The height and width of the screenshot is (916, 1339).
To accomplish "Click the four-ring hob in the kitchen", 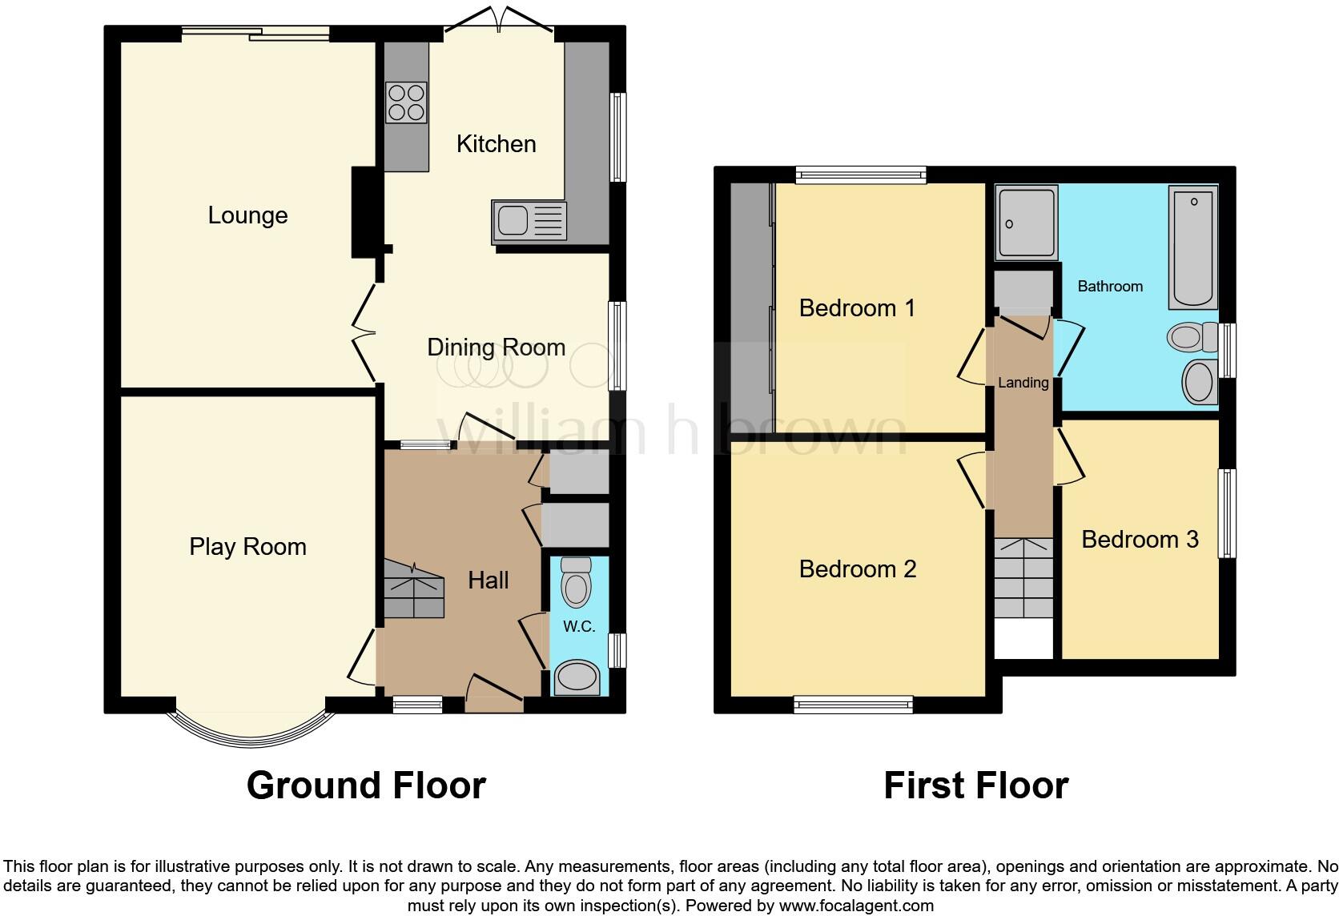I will (x=406, y=103).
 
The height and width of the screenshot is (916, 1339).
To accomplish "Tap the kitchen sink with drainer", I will (x=528, y=221).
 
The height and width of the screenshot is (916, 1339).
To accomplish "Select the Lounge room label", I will (x=247, y=215).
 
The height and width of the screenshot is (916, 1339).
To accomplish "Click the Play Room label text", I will (x=247, y=547).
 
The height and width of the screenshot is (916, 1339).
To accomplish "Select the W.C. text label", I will (x=578, y=627).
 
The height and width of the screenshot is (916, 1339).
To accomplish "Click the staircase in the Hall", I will (x=413, y=589).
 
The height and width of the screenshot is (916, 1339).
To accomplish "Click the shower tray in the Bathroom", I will (x=1026, y=223).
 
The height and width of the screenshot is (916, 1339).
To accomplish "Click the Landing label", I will (x=1023, y=383).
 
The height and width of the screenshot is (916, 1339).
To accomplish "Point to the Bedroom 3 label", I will (x=1140, y=540).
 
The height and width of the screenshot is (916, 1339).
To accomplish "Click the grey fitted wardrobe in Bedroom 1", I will (x=751, y=308).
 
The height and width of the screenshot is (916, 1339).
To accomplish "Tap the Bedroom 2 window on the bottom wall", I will (x=853, y=704).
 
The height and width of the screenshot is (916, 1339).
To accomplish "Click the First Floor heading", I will (x=975, y=785).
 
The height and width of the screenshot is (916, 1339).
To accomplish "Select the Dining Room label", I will (x=496, y=348).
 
